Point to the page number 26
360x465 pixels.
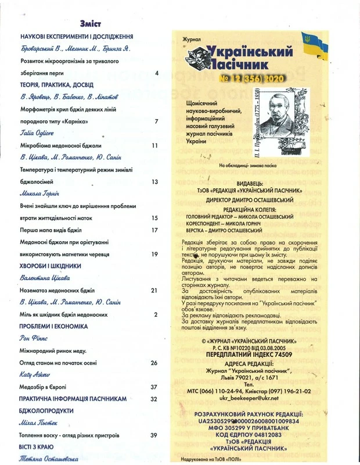point(154,363)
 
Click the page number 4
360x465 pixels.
point(157,74)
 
